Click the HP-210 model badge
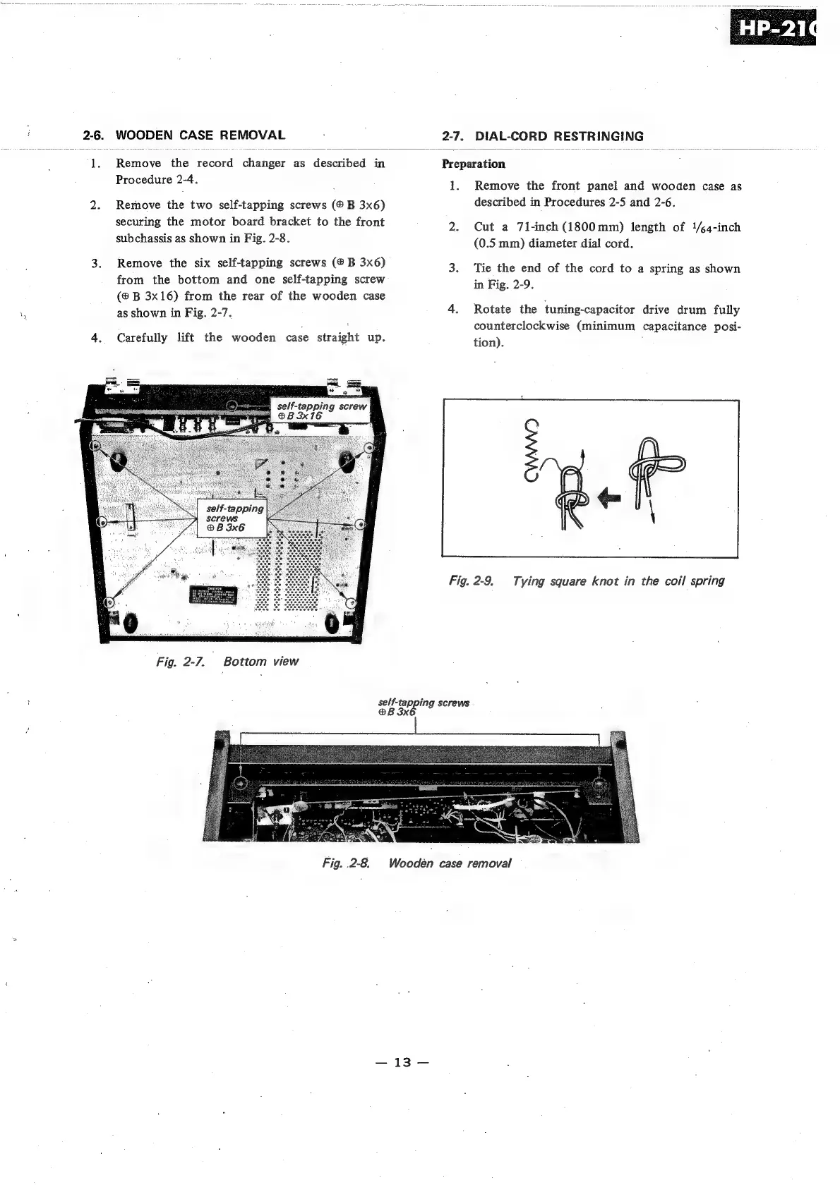(x=772, y=28)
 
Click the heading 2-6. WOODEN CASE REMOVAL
(x=184, y=135)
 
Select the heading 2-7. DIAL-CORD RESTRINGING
(x=542, y=136)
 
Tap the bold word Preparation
(x=473, y=164)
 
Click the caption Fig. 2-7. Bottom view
(x=227, y=662)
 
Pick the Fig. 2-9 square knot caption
(x=586, y=581)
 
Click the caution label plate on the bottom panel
(x=215, y=596)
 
